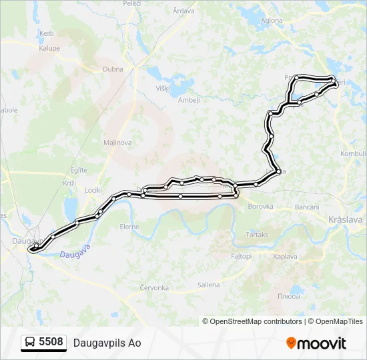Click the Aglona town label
coord(272,21)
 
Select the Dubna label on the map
coord(113,69)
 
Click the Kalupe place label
coord(49,48)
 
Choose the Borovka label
coord(260,207)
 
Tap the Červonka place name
coord(155,288)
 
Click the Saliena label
coord(208,285)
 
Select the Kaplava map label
coord(285,257)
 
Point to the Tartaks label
coord(257,235)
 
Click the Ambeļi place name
coord(190,101)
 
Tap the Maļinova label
coord(117,142)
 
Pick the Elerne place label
coord(129,227)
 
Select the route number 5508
coord(51,342)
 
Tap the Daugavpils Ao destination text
coord(107,343)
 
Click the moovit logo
coord(316,343)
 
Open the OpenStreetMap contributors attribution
coord(255,321)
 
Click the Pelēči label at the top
coord(131,4)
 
